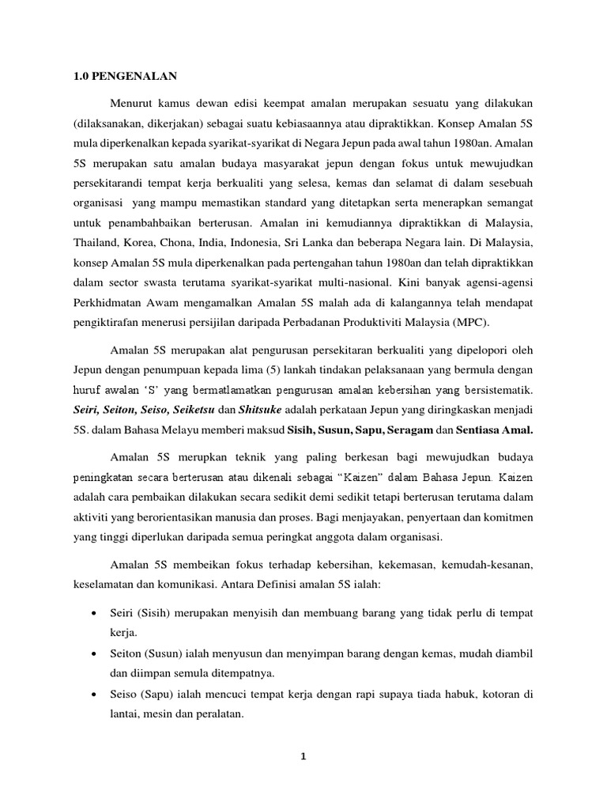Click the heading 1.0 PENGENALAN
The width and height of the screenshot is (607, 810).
118,76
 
